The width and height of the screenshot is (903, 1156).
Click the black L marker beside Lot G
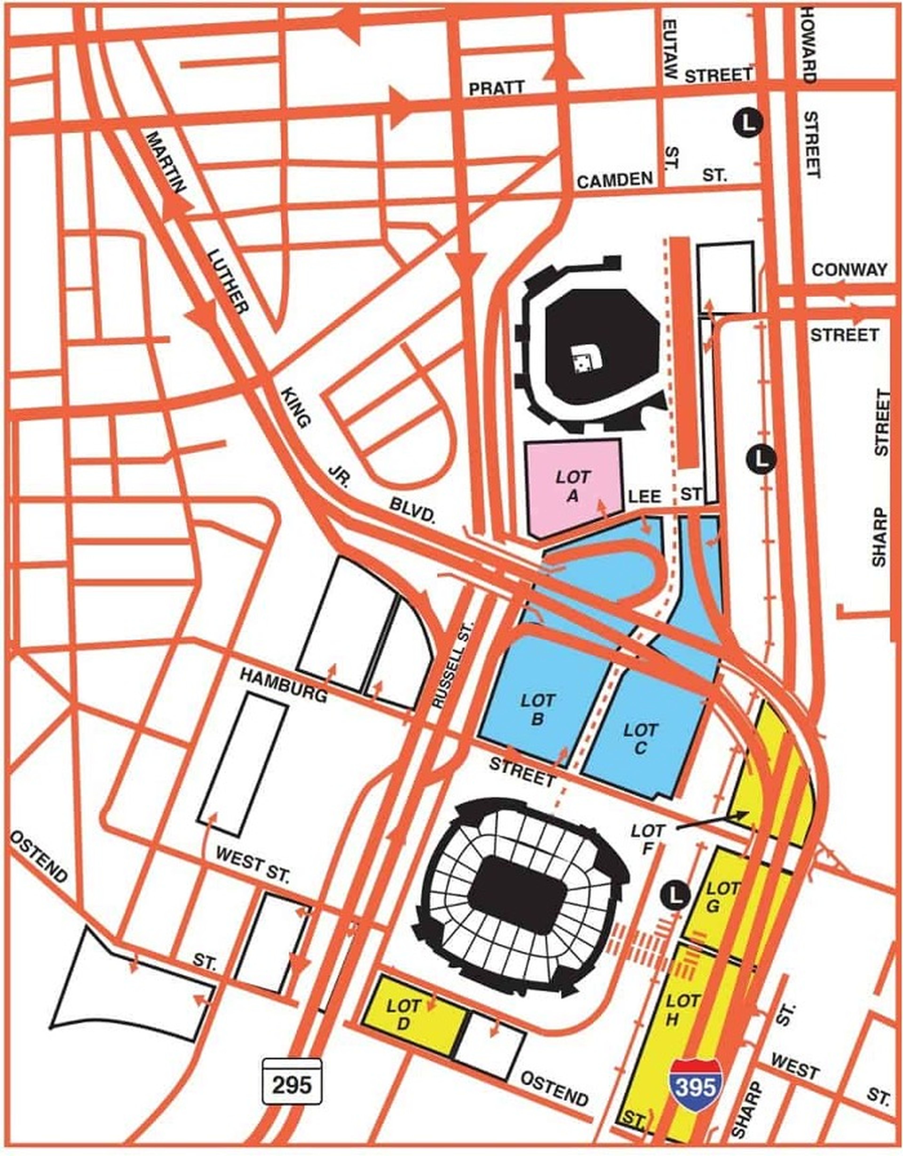click(675, 894)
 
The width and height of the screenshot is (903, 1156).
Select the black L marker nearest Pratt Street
click(747, 123)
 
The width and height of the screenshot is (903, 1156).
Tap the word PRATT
click(496, 88)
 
